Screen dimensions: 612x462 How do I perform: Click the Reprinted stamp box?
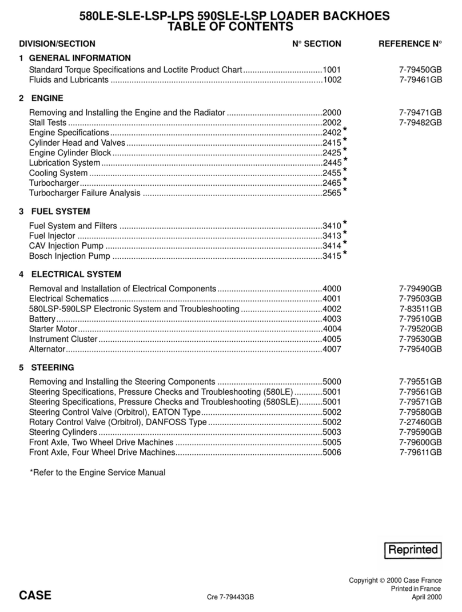click(414, 550)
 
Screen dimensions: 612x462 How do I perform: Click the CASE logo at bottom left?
click(35, 595)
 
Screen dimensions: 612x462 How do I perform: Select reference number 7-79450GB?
click(420, 70)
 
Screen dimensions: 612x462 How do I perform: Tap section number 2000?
click(332, 113)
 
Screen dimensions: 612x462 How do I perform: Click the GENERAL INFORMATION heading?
click(79, 58)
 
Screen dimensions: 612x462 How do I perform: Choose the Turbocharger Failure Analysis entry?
click(85, 194)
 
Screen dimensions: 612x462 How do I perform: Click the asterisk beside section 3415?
click(345, 254)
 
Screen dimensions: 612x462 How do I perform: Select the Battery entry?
click(42, 319)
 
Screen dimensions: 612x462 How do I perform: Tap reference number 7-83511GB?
click(420, 309)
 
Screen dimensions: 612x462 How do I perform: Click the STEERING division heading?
click(53, 367)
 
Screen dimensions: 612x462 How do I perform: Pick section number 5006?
click(332, 452)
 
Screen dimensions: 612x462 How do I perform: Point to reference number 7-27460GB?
click(420, 422)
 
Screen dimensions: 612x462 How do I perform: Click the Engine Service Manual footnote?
click(97, 473)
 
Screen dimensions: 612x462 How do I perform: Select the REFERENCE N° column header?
click(411, 43)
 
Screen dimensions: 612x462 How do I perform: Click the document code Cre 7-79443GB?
click(230, 598)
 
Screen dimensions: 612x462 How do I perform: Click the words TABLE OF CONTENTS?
click(231, 26)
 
